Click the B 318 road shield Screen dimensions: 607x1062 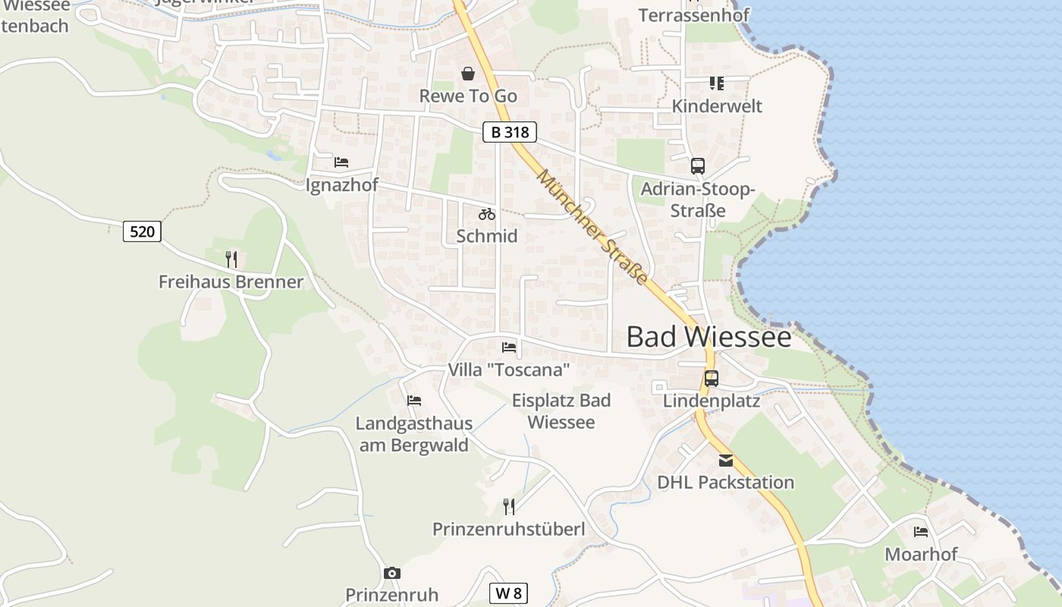point(510,132)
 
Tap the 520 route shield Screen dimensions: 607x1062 point(142,231)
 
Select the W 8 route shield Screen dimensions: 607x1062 point(508,593)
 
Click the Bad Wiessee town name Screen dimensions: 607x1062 point(709,337)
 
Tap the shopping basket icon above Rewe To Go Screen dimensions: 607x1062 point(468,74)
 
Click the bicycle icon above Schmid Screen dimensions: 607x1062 point(487,214)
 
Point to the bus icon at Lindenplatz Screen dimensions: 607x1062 point(712,378)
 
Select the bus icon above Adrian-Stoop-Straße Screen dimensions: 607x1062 point(697,165)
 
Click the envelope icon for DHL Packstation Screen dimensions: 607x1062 point(726,460)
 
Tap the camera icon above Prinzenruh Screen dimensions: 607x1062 point(391,573)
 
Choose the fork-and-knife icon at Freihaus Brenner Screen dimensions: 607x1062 point(231,259)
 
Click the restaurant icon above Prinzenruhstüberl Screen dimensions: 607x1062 point(509,506)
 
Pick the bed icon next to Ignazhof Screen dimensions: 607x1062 point(341,162)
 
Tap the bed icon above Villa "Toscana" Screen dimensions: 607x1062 point(509,348)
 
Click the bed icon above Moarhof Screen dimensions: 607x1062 point(921,531)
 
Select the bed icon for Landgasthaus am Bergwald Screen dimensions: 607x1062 point(414,401)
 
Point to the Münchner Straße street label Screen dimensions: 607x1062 point(592,228)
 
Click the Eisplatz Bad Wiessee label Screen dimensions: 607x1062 point(561,411)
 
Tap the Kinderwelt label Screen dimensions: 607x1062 point(717,106)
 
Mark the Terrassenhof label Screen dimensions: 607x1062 point(693,15)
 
